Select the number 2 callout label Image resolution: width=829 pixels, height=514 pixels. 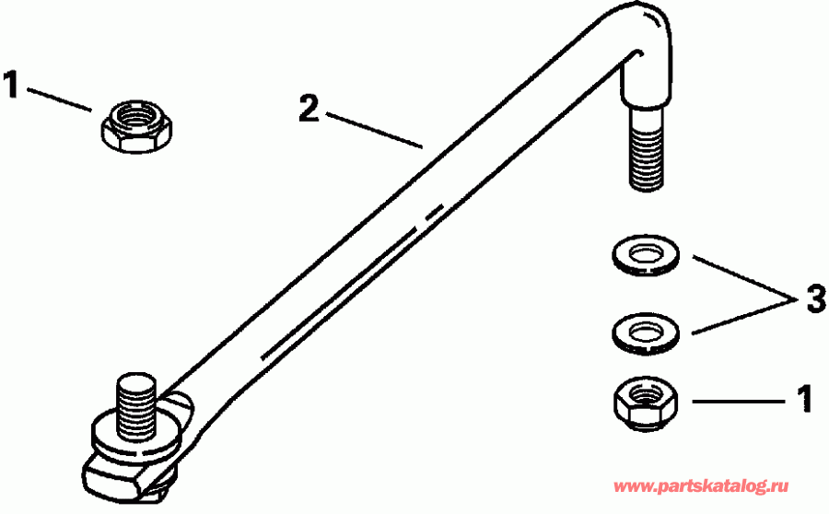tap(309, 110)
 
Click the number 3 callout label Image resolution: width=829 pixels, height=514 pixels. tap(814, 299)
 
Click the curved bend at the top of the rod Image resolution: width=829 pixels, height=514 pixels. tap(636, 28)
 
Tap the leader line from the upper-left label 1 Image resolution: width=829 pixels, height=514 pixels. tap(60, 99)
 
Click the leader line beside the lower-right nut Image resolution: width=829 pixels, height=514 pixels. tap(737, 402)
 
